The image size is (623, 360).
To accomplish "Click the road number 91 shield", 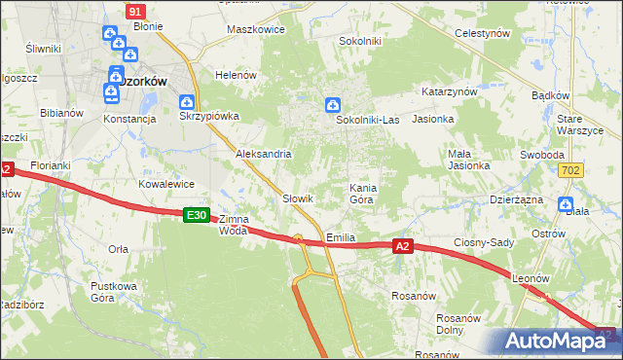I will [135, 10].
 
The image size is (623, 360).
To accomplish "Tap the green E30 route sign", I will [197, 214].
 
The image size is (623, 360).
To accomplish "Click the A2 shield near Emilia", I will [405, 247].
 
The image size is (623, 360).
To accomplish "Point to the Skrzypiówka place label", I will [209, 118].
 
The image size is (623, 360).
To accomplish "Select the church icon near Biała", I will [566, 203].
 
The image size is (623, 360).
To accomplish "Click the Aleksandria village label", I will [264, 154].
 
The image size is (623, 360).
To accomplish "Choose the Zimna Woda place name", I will [234, 225].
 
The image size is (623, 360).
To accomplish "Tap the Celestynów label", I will [484, 32].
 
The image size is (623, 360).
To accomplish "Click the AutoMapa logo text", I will [558, 342].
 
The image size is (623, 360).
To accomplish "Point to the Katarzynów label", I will [449, 90].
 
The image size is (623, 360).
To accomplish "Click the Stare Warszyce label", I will [582, 125].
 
